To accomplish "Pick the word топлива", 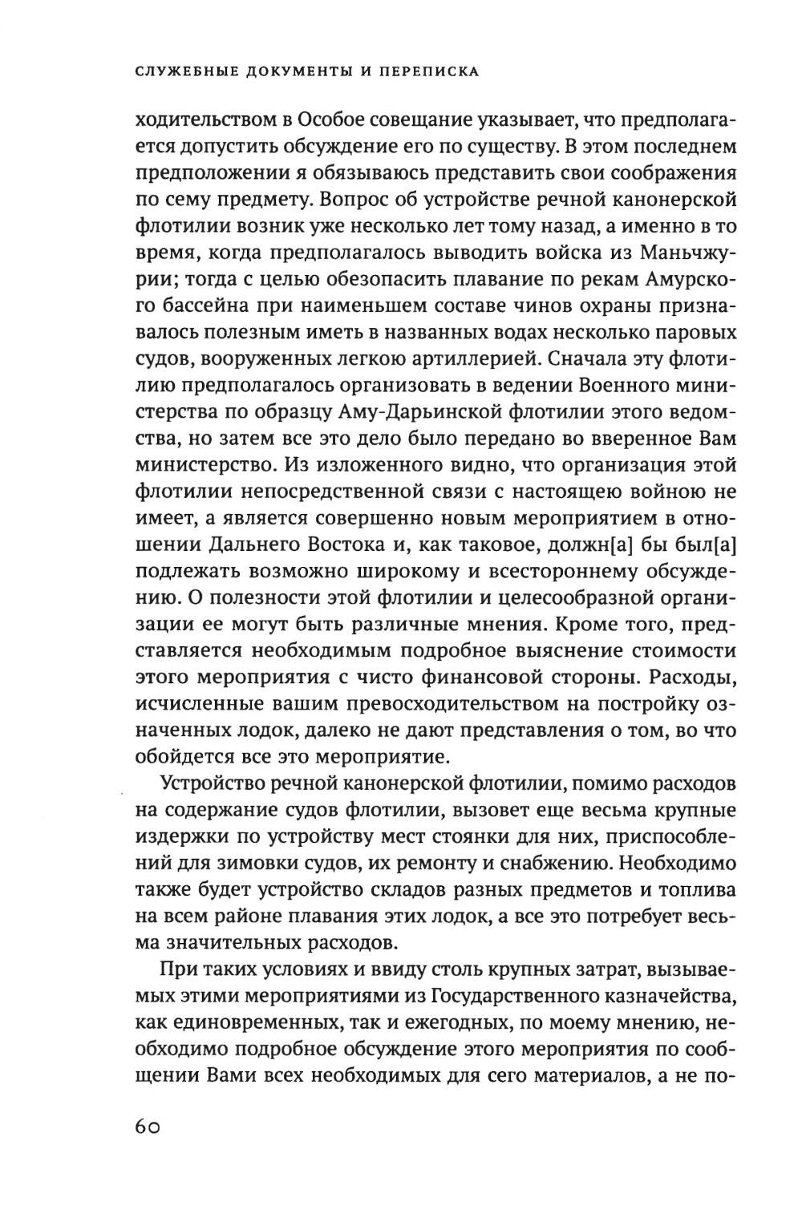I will click(695, 890).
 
